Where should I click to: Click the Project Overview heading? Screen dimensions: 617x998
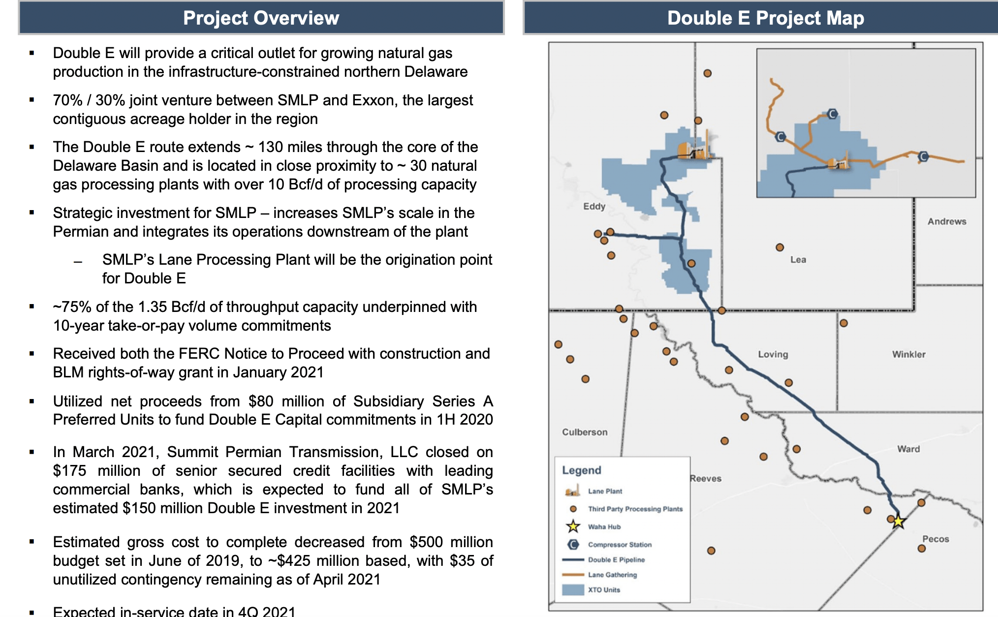pyautogui.click(x=261, y=18)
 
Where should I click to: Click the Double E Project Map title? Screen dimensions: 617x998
pyautogui.click(x=765, y=18)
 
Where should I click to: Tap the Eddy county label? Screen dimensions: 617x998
pyautogui.click(x=594, y=206)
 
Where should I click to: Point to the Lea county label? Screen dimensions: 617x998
pyautogui.click(x=798, y=260)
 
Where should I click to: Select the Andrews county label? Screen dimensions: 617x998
pyautogui.click(x=947, y=221)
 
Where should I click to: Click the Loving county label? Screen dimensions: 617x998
pyautogui.click(x=773, y=354)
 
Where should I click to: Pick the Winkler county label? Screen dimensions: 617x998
pyautogui.click(x=908, y=354)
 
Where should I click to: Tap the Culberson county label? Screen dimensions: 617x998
pyautogui.click(x=585, y=432)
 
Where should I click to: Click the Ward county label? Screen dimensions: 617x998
pyautogui.click(x=908, y=449)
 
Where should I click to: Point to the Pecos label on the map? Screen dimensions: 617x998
pyautogui.click(x=936, y=539)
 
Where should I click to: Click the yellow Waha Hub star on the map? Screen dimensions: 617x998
pyautogui.click(x=899, y=521)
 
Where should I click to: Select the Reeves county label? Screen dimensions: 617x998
pyautogui.click(x=706, y=478)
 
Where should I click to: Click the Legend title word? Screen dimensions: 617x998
pyautogui.click(x=581, y=470)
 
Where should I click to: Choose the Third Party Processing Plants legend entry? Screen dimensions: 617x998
pyautogui.click(x=635, y=509)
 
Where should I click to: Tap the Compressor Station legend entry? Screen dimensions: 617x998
pyautogui.click(x=620, y=545)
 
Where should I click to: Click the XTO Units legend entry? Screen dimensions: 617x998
pyautogui.click(x=604, y=589)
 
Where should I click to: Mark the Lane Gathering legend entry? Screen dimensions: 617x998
pyautogui.click(x=612, y=575)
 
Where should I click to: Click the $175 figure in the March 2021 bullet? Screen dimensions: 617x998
pyautogui.click(x=69, y=471)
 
